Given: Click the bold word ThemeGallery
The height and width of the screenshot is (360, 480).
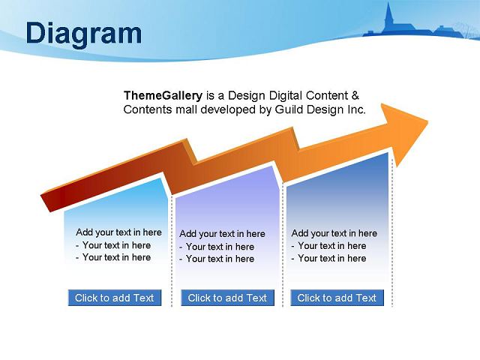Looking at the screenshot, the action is [x=163, y=96].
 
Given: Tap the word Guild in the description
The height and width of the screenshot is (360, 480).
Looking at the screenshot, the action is [x=289, y=109].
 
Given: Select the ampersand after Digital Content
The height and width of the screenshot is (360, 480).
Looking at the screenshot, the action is [x=355, y=95].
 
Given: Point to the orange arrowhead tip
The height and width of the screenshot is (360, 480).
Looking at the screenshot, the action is [x=427, y=121].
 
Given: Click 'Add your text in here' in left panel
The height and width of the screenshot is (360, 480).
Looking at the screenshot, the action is [x=118, y=232].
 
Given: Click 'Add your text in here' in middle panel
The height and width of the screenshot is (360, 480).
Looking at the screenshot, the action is [x=222, y=234].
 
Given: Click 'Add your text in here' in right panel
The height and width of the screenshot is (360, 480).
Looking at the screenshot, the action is [x=334, y=233].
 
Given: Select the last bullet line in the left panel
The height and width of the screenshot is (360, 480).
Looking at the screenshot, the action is [x=113, y=257].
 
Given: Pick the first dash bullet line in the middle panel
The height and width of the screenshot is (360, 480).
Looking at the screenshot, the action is [x=217, y=247].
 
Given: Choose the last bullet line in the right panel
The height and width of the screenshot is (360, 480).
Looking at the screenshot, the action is [x=328, y=258].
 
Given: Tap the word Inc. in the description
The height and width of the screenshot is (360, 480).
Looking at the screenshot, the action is [x=357, y=109].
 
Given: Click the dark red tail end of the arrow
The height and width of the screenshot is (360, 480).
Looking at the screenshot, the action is [x=46, y=202].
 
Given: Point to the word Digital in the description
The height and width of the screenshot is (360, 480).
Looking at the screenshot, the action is [x=286, y=96].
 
